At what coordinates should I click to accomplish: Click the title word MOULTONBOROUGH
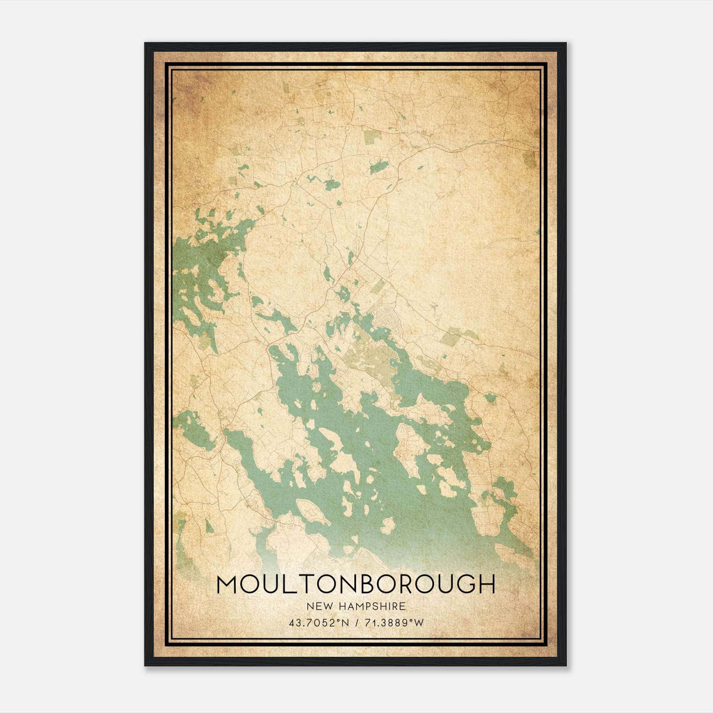click(x=356, y=585)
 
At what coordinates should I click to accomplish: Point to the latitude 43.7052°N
click(x=317, y=623)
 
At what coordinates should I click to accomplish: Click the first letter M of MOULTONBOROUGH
click(x=226, y=585)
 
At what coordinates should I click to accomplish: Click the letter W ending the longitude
click(x=419, y=623)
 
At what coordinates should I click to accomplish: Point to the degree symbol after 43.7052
click(x=337, y=620)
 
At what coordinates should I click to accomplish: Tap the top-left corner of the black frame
click(x=146, y=44)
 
